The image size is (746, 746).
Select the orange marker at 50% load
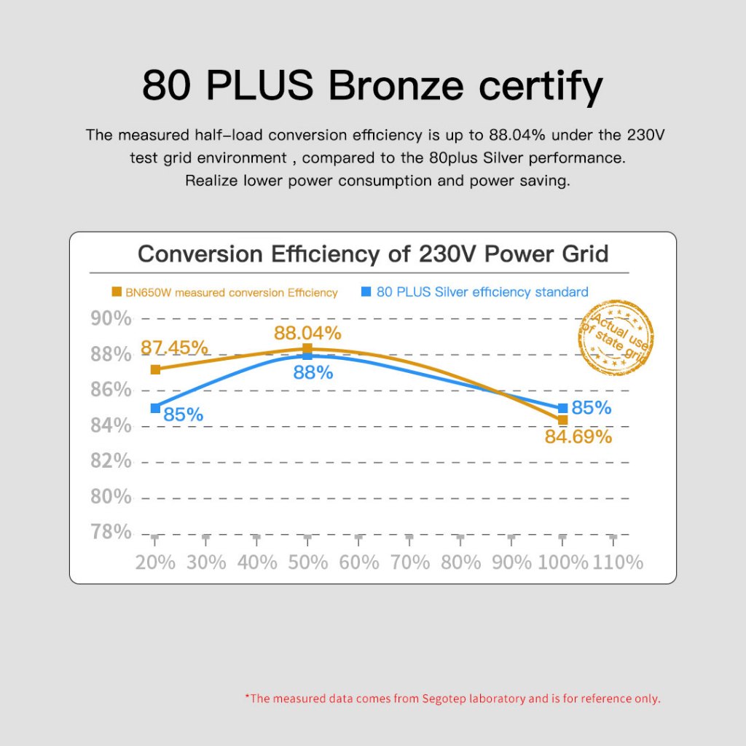click(x=307, y=349)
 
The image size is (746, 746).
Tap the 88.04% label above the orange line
click(x=307, y=333)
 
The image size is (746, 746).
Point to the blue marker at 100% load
click(x=562, y=409)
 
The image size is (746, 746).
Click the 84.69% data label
click(x=578, y=437)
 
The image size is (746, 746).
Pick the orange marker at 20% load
click(x=155, y=369)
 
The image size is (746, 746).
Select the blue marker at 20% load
click(x=155, y=408)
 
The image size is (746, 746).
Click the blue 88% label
click(x=313, y=373)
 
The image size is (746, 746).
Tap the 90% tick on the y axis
click(x=111, y=318)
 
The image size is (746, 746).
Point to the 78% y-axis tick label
click(x=111, y=532)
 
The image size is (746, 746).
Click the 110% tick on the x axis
click(x=619, y=562)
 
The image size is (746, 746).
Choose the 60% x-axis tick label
click(x=359, y=562)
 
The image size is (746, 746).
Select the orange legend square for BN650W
click(x=117, y=292)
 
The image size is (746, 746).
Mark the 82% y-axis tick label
click(x=111, y=460)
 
